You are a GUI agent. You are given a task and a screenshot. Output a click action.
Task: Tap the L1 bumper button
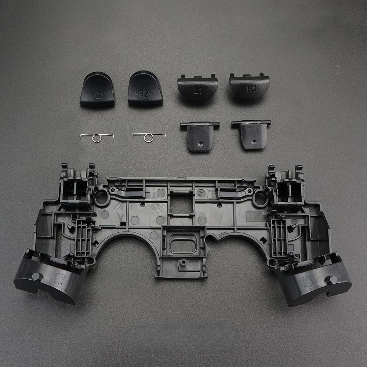(197, 88)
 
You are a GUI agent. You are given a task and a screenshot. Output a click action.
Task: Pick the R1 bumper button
(250, 87)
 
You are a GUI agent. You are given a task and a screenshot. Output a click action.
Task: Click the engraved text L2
(97, 95)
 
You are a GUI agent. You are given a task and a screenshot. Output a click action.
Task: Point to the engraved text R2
(144, 94)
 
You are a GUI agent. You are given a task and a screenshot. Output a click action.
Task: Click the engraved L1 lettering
(198, 92)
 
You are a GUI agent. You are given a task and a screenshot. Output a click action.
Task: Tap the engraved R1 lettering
(251, 90)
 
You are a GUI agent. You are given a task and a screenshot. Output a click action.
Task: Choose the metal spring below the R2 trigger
(149, 137)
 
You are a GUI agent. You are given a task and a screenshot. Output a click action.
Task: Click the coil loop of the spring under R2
(149, 138)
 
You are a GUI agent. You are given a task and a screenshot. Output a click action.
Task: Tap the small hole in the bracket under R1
(254, 141)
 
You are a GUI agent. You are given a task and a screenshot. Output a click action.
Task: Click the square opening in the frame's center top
(181, 203)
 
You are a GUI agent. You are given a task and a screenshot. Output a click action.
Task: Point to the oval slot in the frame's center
(182, 245)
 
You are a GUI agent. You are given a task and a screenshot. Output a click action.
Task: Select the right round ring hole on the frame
(260, 198)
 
